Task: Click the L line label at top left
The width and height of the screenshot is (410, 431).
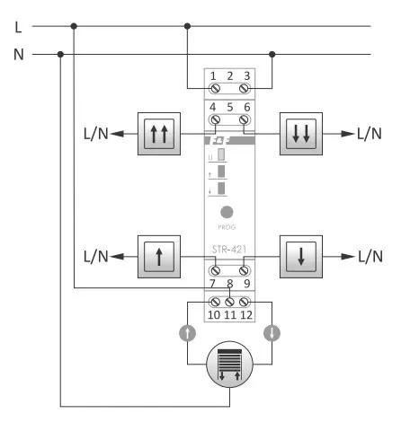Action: click(x=19, y=26)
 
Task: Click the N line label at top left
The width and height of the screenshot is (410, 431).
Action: click(x=19, y=55)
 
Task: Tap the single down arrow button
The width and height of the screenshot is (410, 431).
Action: click(x=300, y=256)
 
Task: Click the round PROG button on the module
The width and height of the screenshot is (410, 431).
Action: click(x=227, y=213)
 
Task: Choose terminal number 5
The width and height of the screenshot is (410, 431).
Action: click(x=230, y=107)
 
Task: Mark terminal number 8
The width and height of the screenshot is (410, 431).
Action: click(x=230, y=285)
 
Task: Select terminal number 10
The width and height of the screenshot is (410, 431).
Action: click(x=214, y=314)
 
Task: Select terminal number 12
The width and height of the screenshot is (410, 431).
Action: click(x=245, y=314)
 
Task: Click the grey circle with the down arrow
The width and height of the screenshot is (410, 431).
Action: click(x=272, y=332)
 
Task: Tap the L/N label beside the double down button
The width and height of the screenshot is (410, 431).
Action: click(x=369, y=134)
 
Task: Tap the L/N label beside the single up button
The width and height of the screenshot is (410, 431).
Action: click(x=95, y=257)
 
